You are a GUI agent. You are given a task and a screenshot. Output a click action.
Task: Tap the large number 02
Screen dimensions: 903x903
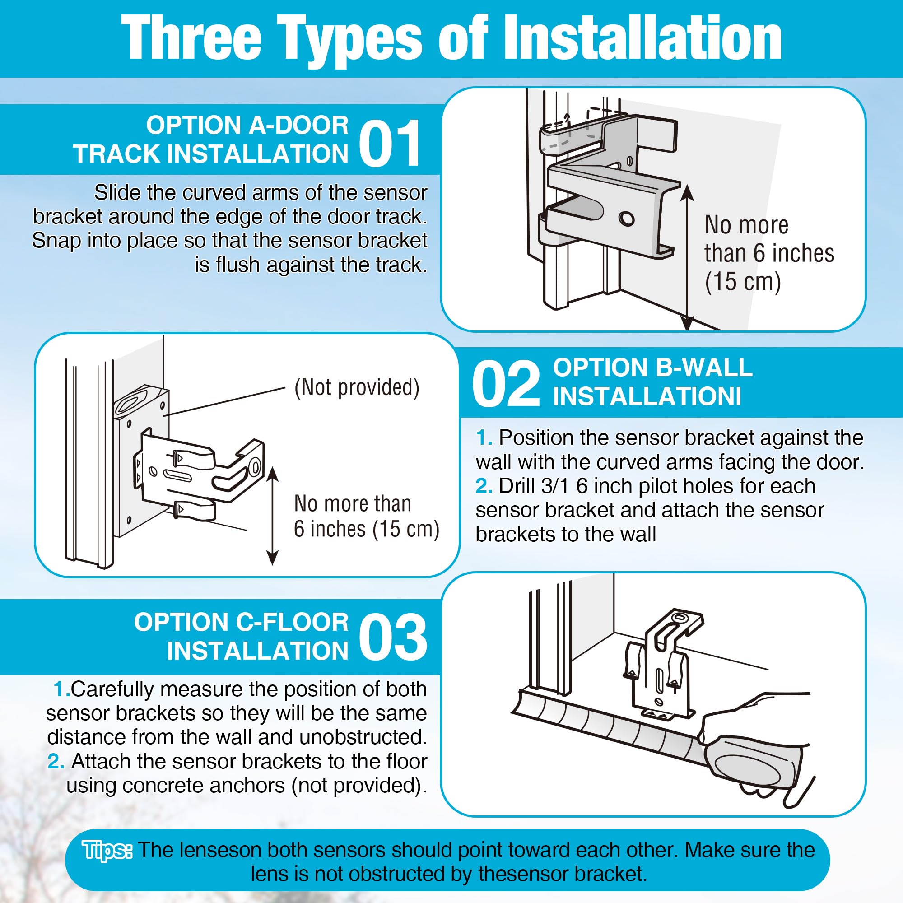tap(506, 385)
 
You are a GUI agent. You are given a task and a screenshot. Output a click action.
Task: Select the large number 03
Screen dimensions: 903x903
tap(393, 637)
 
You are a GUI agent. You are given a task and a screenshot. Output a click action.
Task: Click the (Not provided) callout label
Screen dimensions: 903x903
tap(357, 387)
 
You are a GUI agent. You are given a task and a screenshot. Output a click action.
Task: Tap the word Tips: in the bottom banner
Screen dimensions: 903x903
tap(107, 850)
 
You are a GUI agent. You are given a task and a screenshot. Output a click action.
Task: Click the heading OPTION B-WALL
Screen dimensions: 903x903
tap(652, 368)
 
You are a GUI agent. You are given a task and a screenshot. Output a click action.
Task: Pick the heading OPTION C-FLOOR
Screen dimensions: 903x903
tap(241, 622)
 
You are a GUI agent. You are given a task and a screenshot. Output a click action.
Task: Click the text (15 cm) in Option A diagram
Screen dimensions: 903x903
tap(743, 281)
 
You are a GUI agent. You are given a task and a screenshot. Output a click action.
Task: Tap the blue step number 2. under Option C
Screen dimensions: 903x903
tap(56, 761)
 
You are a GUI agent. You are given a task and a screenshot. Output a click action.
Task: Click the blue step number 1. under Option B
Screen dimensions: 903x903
tap(484, 438)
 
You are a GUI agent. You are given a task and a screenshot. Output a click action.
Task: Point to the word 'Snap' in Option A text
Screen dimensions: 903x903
tap(52, 241)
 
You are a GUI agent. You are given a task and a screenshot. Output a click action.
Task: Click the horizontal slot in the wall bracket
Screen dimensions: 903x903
tap(177, 476)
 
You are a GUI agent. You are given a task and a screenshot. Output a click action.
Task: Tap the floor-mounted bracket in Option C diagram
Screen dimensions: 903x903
tap(663, 664)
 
